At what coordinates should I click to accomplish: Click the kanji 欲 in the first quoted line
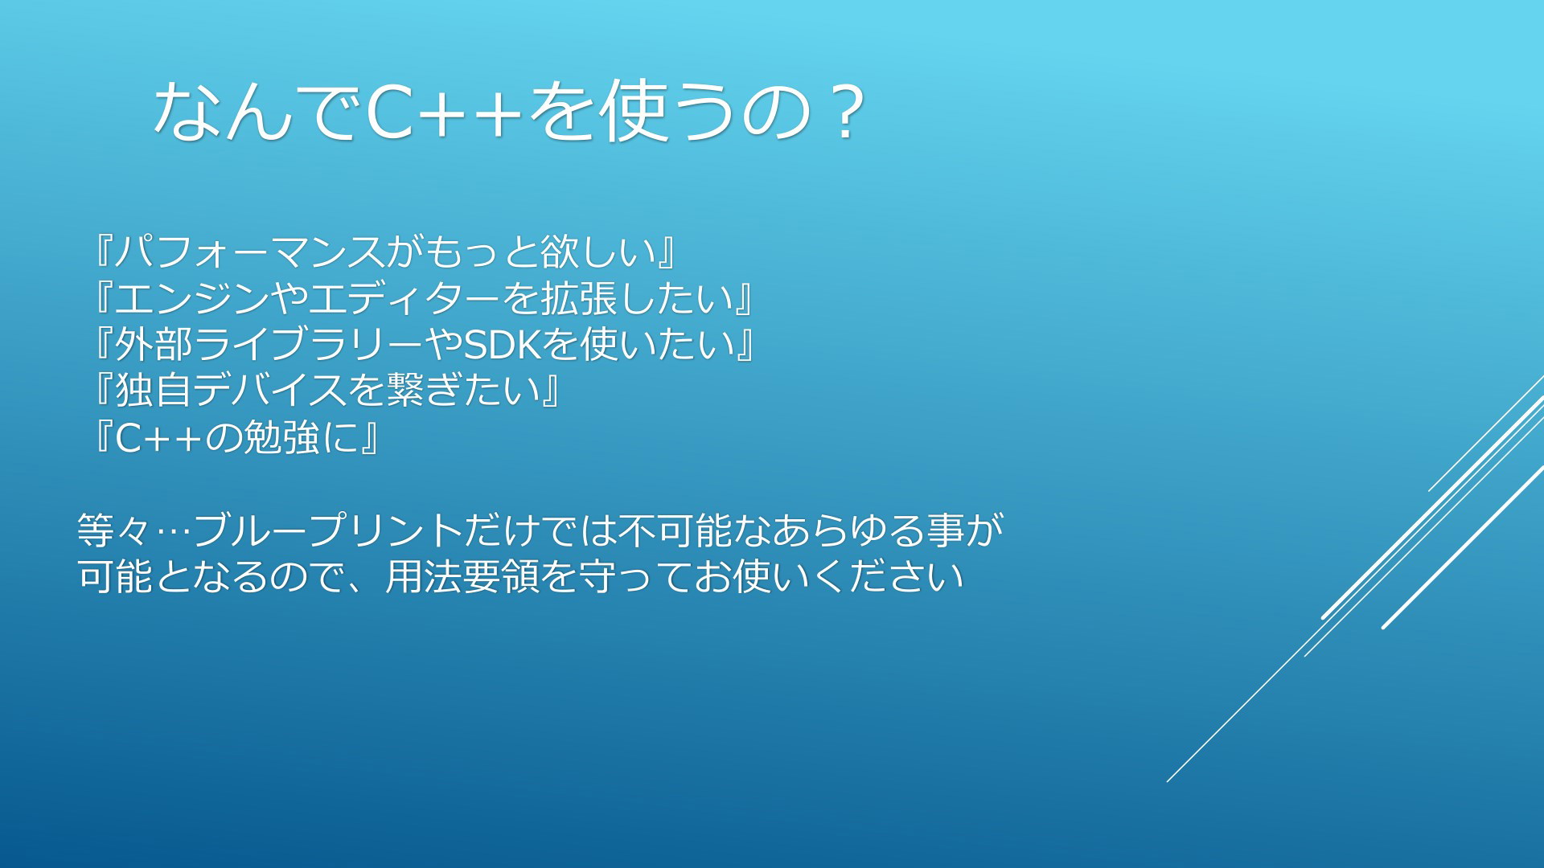pyautogui.click(x=560, y=252)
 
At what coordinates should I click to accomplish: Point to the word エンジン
pyautogui.click(x=191, y=298)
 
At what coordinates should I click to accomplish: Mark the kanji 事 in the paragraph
pyautogui.click(x=946, y=530)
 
